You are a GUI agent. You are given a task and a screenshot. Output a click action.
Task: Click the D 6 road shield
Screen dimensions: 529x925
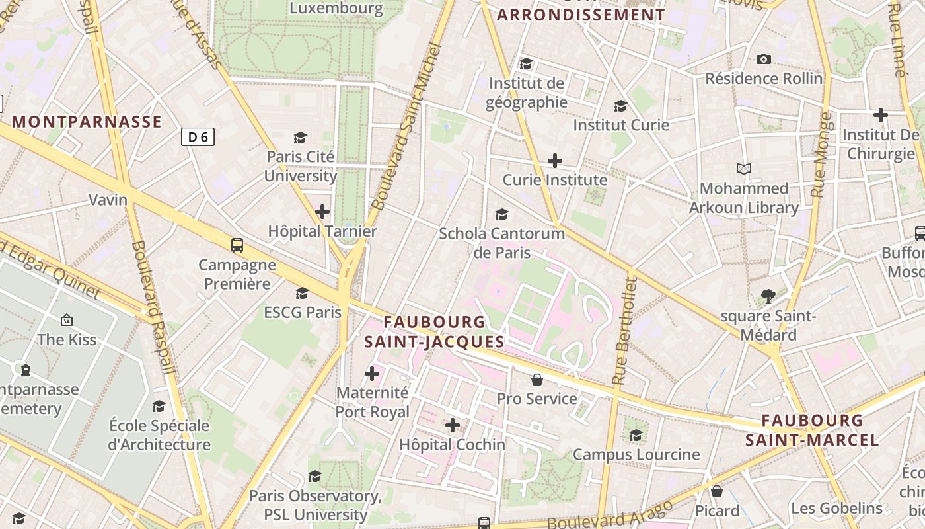coord(198,137)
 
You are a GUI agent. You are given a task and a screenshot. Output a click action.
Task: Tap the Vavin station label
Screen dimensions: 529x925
coord(108,200)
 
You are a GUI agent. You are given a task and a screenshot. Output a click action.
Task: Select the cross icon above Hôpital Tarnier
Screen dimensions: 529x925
coord(322,212)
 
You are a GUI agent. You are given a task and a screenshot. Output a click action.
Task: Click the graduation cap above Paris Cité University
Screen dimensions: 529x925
coord(301,138)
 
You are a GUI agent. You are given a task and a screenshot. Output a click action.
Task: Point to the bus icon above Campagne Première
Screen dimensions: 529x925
coord(237,245)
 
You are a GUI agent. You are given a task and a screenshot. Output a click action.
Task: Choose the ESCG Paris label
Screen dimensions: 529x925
coord(303,312)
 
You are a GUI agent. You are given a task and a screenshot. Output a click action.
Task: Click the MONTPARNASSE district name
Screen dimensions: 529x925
coord(87,122)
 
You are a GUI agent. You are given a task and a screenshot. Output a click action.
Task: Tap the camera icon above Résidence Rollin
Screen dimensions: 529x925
coord(764,60)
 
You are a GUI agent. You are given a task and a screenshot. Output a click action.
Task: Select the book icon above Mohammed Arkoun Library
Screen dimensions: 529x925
coord(744,169)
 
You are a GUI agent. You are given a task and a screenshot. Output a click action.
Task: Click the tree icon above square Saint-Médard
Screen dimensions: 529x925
coord(768,296)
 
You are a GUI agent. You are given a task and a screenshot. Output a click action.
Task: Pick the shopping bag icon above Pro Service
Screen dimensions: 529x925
coord(537,380)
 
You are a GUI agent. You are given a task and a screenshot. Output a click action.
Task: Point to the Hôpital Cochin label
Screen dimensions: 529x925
coord(452,445)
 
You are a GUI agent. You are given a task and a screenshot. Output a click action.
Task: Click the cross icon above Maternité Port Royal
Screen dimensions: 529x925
coord(372,374)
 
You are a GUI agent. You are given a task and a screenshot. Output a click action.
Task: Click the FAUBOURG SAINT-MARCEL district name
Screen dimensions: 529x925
coord(812,430)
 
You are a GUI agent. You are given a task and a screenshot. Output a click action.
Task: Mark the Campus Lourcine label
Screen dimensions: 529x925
coord(636,454)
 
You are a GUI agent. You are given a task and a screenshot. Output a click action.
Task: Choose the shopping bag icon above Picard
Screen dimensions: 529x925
coord(717,491)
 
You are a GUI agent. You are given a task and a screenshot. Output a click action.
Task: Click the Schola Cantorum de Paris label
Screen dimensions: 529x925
coord(502,243)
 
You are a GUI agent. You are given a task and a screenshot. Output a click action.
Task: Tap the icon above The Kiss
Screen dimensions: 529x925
coord(67,321)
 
